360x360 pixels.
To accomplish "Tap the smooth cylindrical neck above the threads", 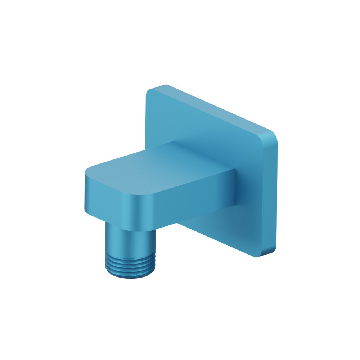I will pos(130,239).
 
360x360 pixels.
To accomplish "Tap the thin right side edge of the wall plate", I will pos(273,194).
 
